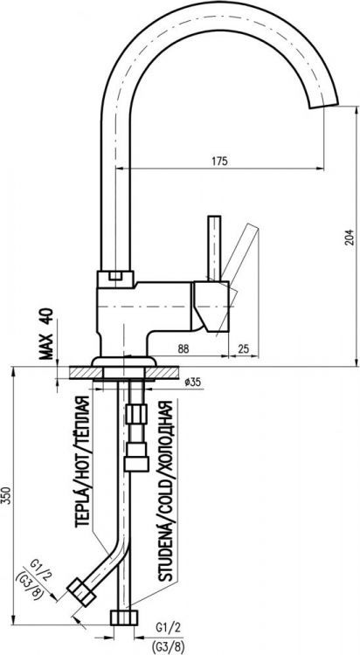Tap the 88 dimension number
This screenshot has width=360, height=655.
(x=183, y=348)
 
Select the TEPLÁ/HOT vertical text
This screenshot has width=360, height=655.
(x=81, y=463)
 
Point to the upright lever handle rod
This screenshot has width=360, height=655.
(x=211, y=249)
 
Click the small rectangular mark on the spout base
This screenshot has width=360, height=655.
(x=114, y=277)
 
